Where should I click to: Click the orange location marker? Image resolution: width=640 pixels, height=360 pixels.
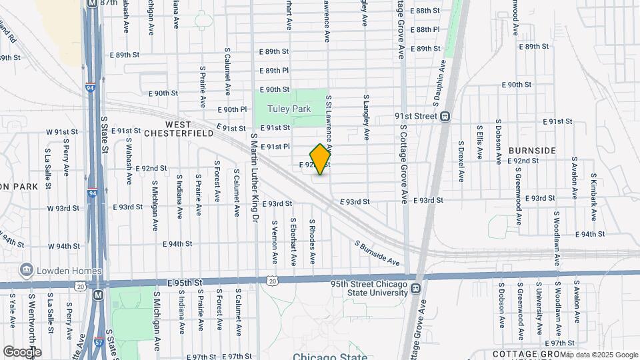[321, 159]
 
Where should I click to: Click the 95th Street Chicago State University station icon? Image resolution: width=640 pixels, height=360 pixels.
[416, 288]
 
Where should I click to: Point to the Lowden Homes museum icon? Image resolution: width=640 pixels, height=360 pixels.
[27, 271]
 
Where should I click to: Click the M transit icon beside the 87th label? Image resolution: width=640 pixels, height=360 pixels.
[89, 3]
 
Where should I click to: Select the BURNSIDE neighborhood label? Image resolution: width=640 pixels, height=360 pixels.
[531, 151]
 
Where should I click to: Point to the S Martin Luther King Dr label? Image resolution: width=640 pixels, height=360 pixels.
[253, 177]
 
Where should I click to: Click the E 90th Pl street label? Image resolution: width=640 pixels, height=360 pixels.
[233, 109]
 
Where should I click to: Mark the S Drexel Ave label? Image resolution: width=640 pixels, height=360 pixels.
[461, 161]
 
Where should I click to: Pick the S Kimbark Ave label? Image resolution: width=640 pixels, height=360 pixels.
[592, 199]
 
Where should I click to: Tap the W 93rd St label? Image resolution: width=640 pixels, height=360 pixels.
[63, 208]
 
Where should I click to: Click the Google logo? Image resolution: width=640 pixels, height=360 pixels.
[21, 351]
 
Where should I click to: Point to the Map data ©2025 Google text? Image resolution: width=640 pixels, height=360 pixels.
[599, 355]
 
